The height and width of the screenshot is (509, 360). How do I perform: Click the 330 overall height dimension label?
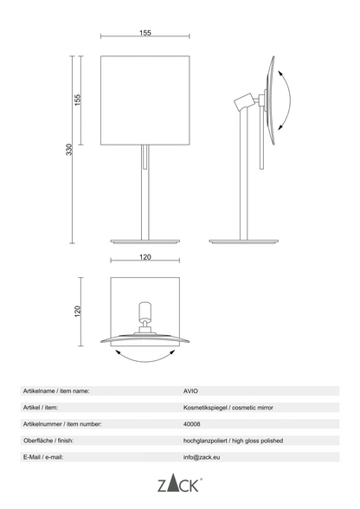pyautogui.click(x=69, y=149)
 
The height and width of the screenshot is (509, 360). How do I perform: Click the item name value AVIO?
pyautogui.click(x=190, y=391)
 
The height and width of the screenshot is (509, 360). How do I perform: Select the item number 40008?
pyautogui.click(x=191, y=424)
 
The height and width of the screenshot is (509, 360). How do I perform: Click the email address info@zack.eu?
pyautogui.click(x=202, y=457)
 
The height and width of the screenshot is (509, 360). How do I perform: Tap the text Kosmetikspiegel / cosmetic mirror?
pyautogui.click(x=228, y=408)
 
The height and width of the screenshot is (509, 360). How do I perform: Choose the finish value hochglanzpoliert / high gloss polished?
pyautogui.click(x=233, y=441)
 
